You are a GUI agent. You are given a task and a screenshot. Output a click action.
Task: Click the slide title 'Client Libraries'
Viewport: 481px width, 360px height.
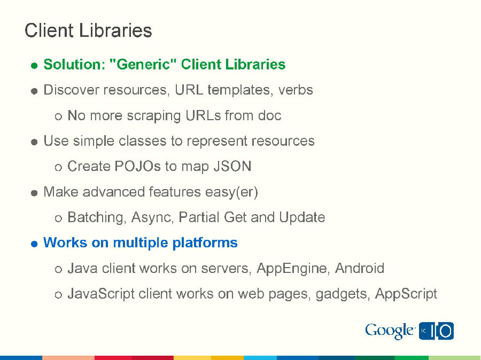(88, 30)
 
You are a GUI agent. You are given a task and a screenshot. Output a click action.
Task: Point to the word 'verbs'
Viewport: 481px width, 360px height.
(296, 90)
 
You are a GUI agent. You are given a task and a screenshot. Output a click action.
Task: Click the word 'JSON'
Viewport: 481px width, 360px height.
(232, 166)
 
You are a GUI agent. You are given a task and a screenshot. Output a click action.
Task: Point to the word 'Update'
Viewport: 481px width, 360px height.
(302, 217)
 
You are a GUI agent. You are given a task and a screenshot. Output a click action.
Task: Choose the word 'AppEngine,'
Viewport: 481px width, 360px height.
(293, 268)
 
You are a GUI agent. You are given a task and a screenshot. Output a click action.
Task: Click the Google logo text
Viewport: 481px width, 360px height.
(390, 331)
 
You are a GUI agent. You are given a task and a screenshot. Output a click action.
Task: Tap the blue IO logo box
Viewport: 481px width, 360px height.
(437, 331)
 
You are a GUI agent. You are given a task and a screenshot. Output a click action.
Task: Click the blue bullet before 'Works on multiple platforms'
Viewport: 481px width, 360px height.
(34, 244)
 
